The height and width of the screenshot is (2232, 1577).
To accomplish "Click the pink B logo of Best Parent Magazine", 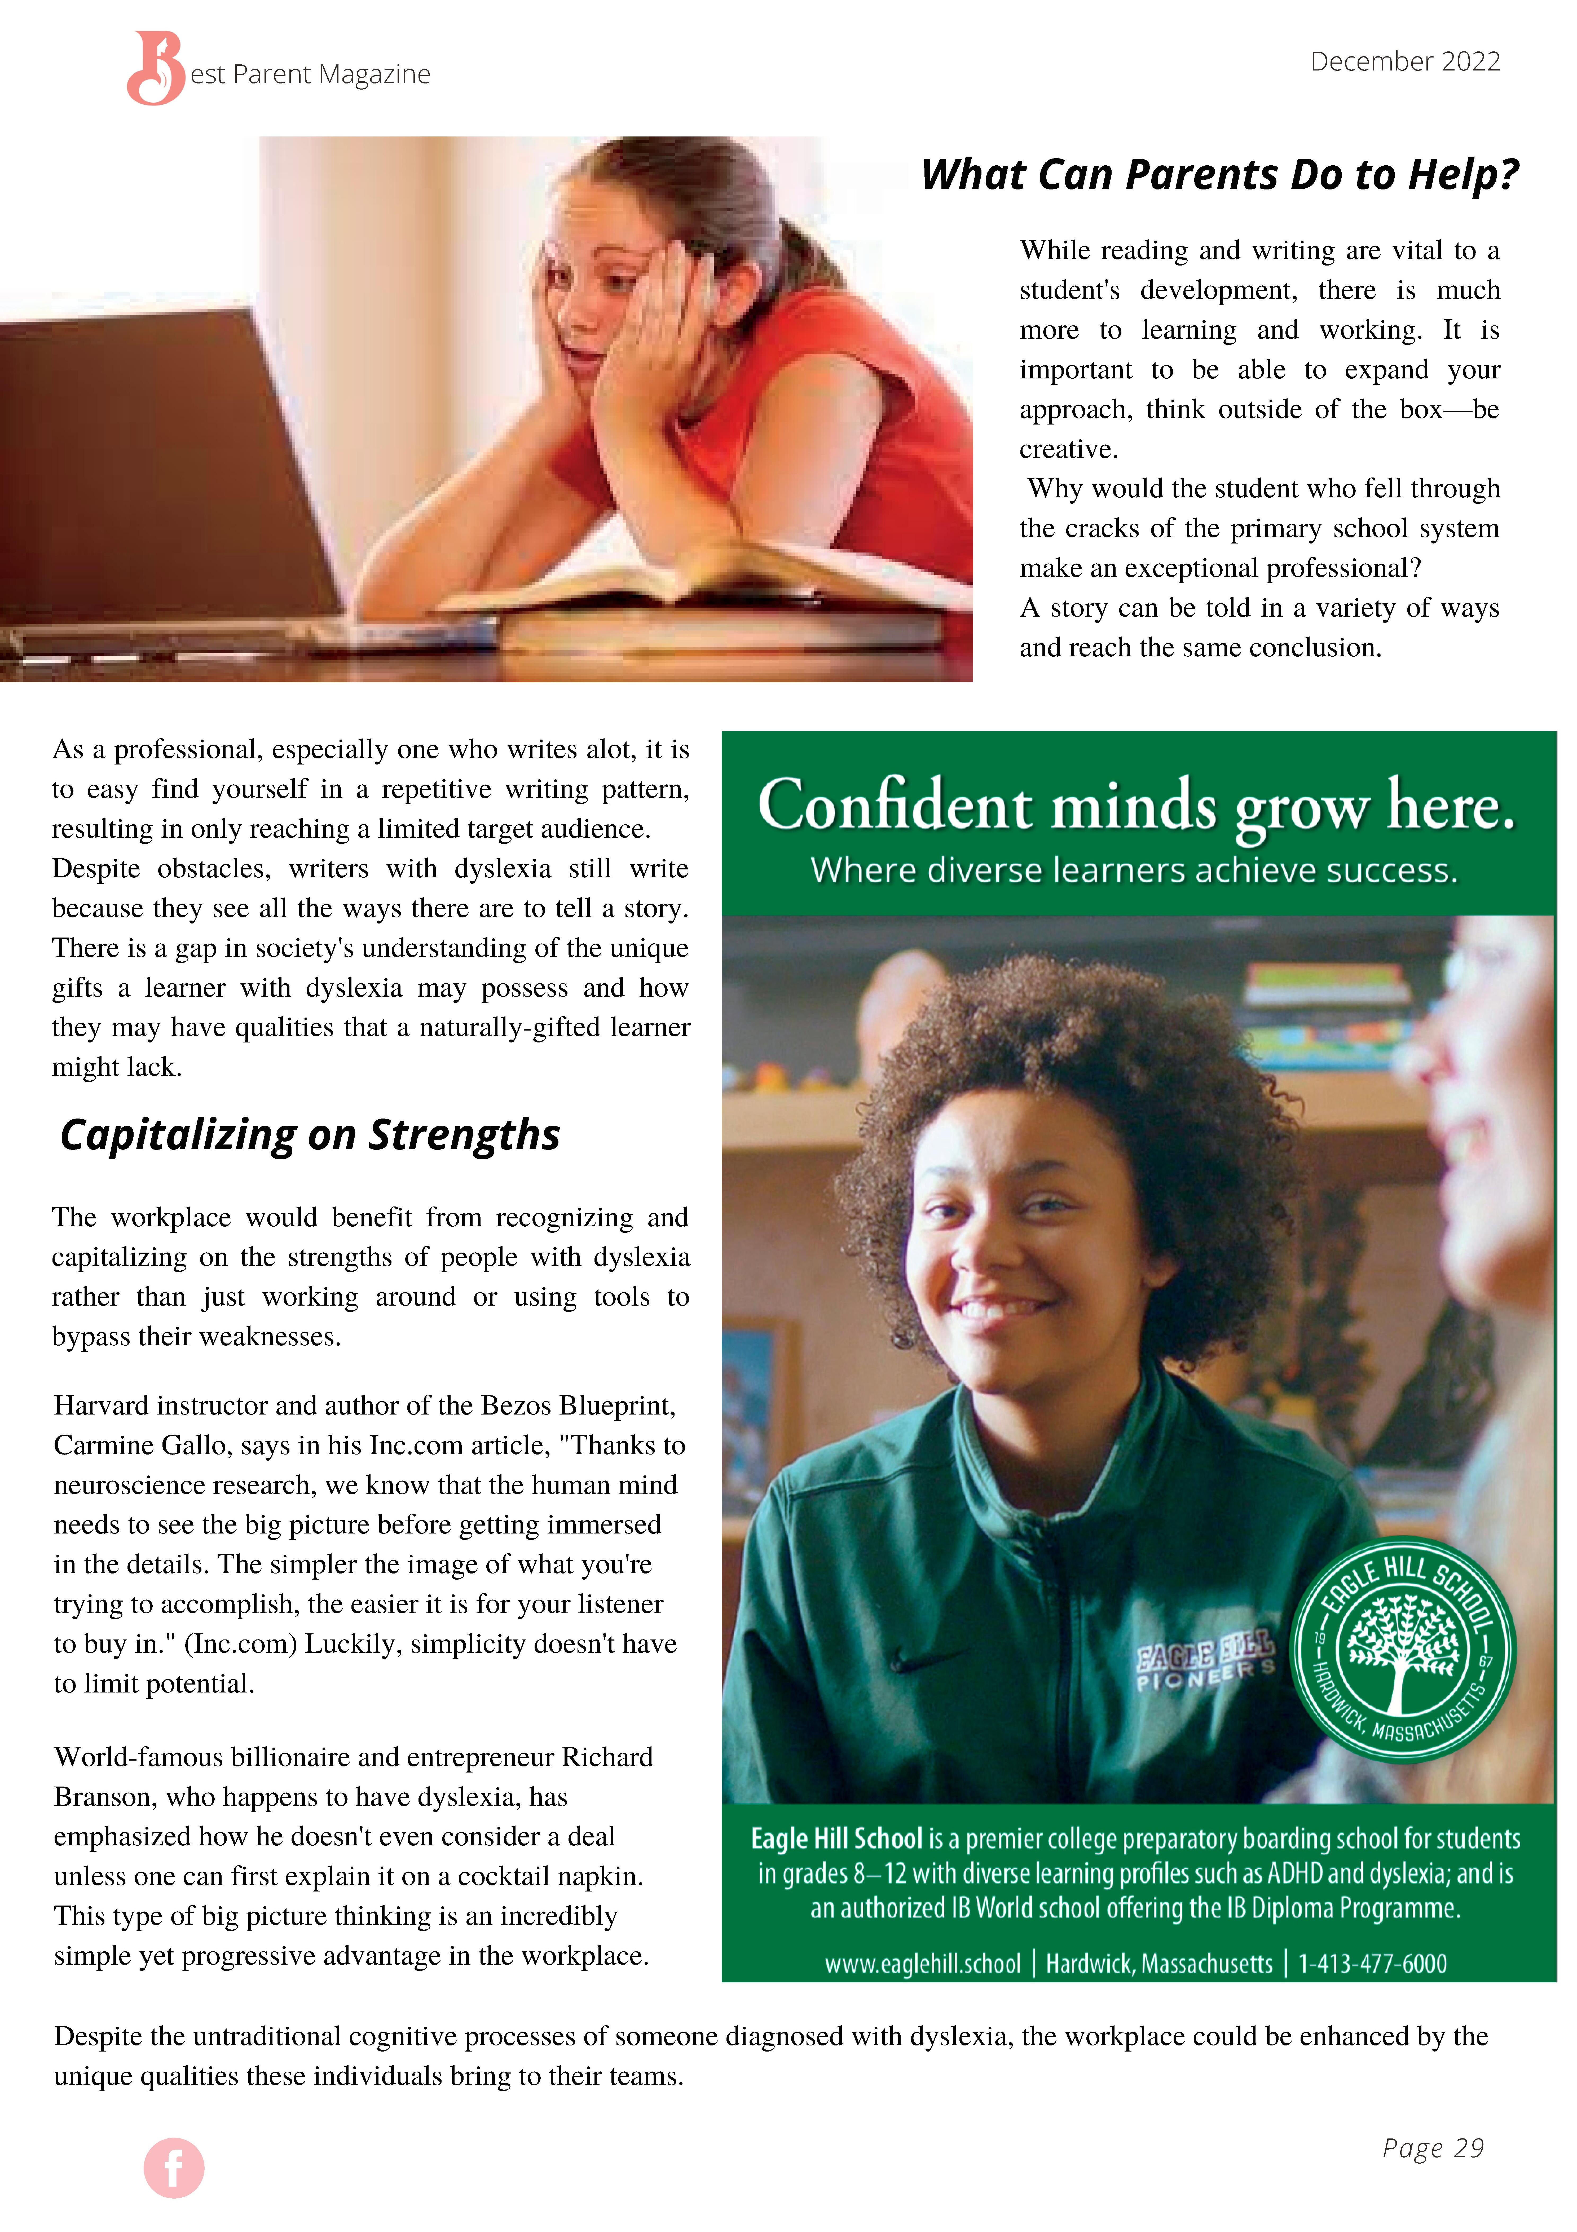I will (x=156, y=68).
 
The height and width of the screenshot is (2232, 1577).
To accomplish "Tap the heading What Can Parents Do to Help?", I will (x=1219, y=175).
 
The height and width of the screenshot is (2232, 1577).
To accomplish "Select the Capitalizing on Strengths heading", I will (x=310, y=1134).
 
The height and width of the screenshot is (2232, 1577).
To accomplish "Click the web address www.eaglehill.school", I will (x=922, y=1964).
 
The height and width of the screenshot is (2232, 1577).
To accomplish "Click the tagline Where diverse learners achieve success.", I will (x=1134, y=870).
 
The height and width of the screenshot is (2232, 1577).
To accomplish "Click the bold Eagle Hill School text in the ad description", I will (x=836, y=1838).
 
